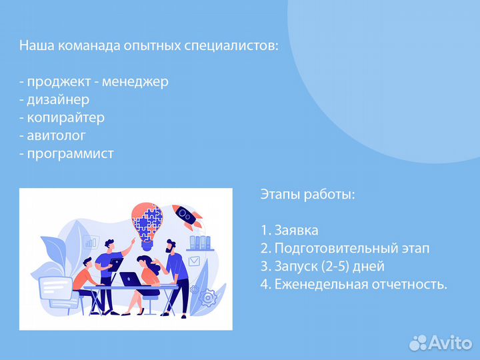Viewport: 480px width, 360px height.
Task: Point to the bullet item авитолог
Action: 60,135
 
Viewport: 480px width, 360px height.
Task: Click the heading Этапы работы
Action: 307,195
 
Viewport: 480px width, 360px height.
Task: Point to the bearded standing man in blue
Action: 176,263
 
